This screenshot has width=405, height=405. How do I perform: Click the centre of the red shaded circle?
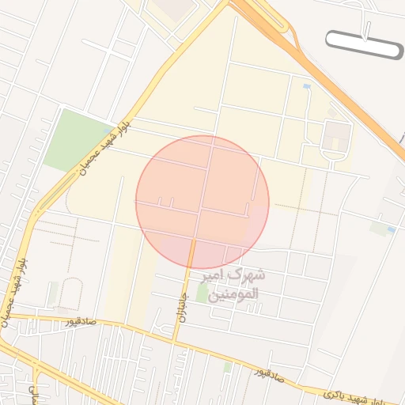(x=202, y=202)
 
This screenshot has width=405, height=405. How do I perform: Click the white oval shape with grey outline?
(x=364, y=44)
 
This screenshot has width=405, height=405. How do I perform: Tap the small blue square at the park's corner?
(x=107, y=130)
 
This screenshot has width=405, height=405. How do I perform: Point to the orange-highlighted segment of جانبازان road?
(x=191, y=252)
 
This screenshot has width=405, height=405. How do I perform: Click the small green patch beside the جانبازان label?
(x=202, y=293)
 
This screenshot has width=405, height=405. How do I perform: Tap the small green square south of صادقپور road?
(x=228, y=367)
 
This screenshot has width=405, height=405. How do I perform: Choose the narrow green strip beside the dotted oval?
(x=52, y=294)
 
